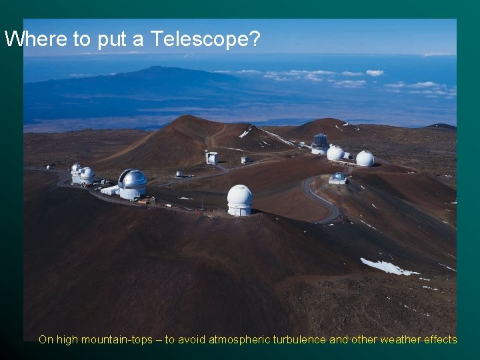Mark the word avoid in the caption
click(192, 340)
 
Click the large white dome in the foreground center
click(239, 199)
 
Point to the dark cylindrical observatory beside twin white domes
click(320, 143)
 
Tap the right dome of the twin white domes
click(365, 158)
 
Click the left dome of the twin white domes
click(335, 153)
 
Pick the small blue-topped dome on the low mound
click(338, 178)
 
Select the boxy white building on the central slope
click(212, 157)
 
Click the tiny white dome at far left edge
click(49, 167)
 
